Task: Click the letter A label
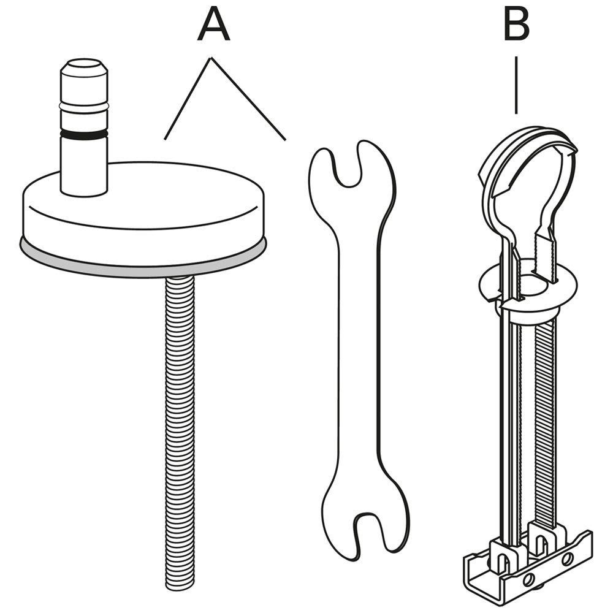213,23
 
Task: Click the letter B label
517,23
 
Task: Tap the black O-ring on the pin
84,134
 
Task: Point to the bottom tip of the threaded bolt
180,587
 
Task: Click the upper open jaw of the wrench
348,166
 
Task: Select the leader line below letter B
516,85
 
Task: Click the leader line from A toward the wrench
249,99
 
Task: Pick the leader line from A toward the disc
188,99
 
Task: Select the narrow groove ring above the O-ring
84,106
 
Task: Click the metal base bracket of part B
528,563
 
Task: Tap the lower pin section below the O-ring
84,166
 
